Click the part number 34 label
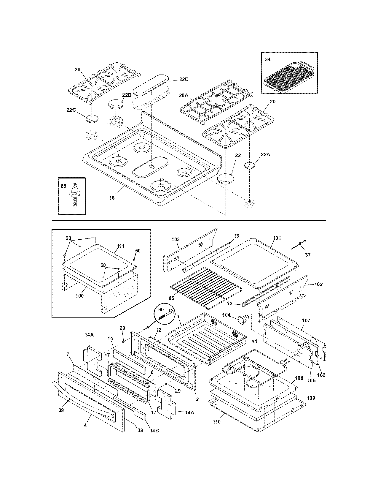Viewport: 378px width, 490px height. [268, 59]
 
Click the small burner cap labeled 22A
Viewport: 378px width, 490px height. [250, 165]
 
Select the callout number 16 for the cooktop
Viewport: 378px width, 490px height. [112, 198]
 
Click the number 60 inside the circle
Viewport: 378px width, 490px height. [161, 309]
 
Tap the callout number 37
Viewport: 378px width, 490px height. [308, 255]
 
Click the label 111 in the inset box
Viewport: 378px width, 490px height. [121, 246]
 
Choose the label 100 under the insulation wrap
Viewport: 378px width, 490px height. [79, 295]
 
